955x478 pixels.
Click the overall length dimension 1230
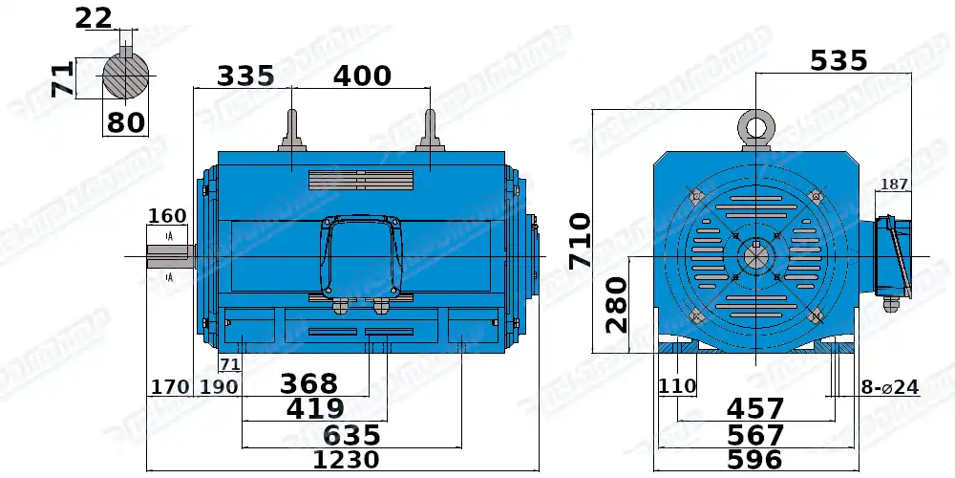tap(348, 460)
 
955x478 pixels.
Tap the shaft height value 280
tap(616, 304)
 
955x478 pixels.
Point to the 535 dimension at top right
tap(838, 61)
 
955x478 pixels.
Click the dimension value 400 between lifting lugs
tap(362, 76)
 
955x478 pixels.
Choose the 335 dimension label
tap(245, 76)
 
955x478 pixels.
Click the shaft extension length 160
tap(168, 216)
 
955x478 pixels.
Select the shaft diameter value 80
tap(126, 123)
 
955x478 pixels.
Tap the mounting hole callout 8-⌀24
tap(888, 387)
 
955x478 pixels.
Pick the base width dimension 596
tap(754, 460)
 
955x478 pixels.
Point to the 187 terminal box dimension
tap(894, 185)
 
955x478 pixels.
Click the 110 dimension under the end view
tap(676, 387)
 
